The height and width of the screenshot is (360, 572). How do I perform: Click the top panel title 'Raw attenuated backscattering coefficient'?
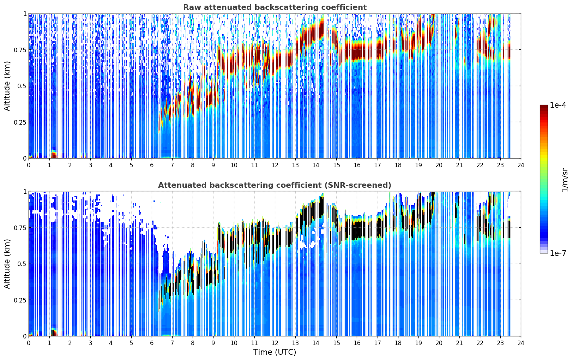275,7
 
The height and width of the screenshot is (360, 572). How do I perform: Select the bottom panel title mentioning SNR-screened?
275,185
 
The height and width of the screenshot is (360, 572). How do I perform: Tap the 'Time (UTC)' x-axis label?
275,352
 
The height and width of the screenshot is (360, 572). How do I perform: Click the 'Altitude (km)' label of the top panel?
7,86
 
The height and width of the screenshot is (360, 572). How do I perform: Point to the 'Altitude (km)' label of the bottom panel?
7,264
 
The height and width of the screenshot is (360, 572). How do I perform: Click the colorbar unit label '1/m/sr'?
565,180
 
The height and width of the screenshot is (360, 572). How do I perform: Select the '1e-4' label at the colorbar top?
558,105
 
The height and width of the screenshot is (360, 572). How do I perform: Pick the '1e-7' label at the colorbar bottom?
558,253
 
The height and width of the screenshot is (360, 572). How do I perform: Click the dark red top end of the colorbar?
544,107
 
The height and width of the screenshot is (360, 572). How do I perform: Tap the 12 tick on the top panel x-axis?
275,165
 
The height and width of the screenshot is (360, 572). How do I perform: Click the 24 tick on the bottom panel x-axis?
521,343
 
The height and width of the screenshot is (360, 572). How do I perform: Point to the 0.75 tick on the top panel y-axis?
20,50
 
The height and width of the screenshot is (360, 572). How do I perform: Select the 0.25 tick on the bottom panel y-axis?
20,300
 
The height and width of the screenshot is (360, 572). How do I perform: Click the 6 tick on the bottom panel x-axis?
152,343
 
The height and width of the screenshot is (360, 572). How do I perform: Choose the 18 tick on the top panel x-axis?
398,165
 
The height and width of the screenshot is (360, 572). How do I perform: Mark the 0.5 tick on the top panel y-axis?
22,86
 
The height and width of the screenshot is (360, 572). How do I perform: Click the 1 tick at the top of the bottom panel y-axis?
25,192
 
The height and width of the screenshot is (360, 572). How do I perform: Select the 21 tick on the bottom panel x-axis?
459,343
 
